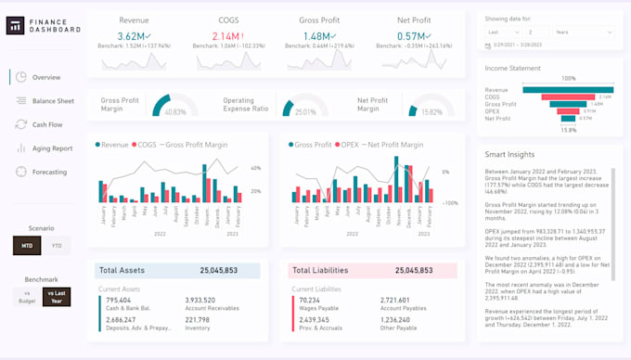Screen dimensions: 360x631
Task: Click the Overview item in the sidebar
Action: pos(45,77)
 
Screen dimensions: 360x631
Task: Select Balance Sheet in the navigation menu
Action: pos(52,100)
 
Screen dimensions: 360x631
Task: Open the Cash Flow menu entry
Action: pos(46,124)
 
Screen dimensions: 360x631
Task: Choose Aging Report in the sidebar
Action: pos(51,148)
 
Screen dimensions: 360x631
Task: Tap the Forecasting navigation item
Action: pos(49,172)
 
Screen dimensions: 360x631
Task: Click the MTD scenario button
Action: pos(27,246)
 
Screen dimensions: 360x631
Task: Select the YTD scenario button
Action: pos(57,246)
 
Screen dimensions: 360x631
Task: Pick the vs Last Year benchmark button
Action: pos(57,296)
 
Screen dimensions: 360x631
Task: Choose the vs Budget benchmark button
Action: pos(27,296)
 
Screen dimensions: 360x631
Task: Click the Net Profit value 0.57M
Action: pos(411,36)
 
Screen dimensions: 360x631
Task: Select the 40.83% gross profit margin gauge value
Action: pos(174,112)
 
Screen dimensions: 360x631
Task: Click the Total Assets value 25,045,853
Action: pos(231,271)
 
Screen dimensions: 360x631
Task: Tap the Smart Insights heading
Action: pos(510,155)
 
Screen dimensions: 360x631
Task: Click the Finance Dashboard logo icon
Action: pos(16,27)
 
